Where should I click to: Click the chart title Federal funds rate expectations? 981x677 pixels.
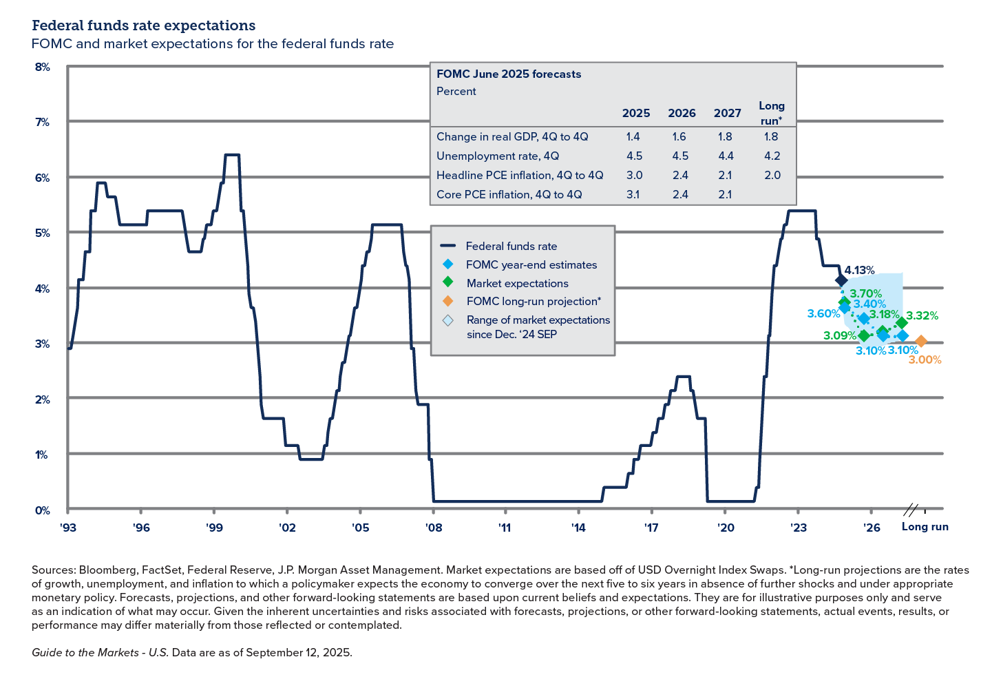143,25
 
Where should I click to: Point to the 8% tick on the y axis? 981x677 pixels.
42,67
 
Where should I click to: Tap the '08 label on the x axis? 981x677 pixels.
433,528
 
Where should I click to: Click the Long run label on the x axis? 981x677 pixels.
925,527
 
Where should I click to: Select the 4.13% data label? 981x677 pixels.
859,270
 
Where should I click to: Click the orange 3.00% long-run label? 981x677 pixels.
925,360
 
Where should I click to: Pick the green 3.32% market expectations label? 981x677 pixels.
922,315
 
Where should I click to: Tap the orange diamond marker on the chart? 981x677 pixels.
921,341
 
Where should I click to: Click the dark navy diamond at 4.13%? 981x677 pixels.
841,280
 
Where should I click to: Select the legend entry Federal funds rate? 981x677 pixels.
511,246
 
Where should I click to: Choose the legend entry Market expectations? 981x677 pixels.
517,283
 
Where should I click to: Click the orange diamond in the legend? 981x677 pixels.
448,301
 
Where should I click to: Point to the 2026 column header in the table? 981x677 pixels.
682,113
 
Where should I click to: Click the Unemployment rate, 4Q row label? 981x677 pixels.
497,156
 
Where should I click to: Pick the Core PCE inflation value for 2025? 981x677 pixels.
633,194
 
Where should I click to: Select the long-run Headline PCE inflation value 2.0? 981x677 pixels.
772,175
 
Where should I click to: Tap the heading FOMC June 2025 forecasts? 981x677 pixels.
509,74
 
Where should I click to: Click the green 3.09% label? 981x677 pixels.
839,336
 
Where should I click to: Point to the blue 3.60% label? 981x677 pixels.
823,313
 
